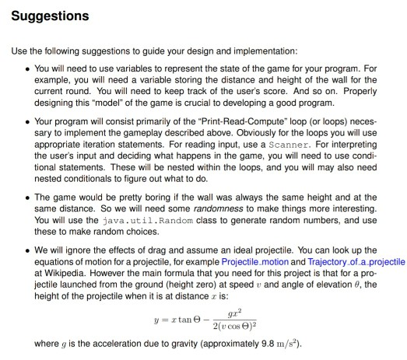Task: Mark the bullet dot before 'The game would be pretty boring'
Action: [28, 194]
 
